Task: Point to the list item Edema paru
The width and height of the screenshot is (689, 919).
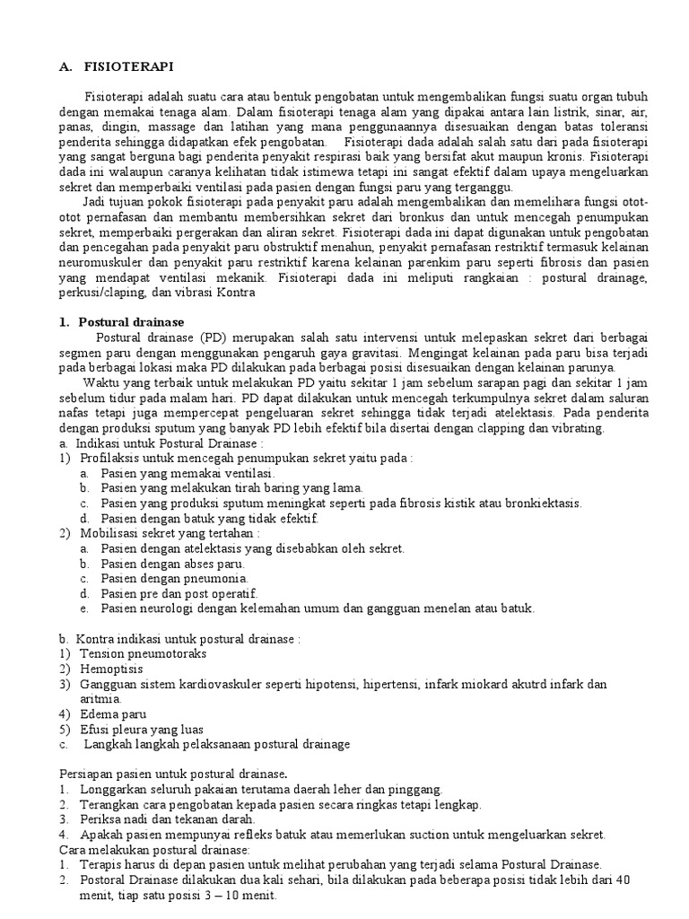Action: [111, 713]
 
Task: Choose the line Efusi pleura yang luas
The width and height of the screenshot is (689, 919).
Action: [141, 729]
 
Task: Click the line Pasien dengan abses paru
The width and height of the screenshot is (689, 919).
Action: [174, 563]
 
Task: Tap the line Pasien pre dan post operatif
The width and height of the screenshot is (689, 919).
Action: [179, 593]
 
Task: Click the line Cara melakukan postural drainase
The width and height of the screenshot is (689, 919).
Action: [154, 849]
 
